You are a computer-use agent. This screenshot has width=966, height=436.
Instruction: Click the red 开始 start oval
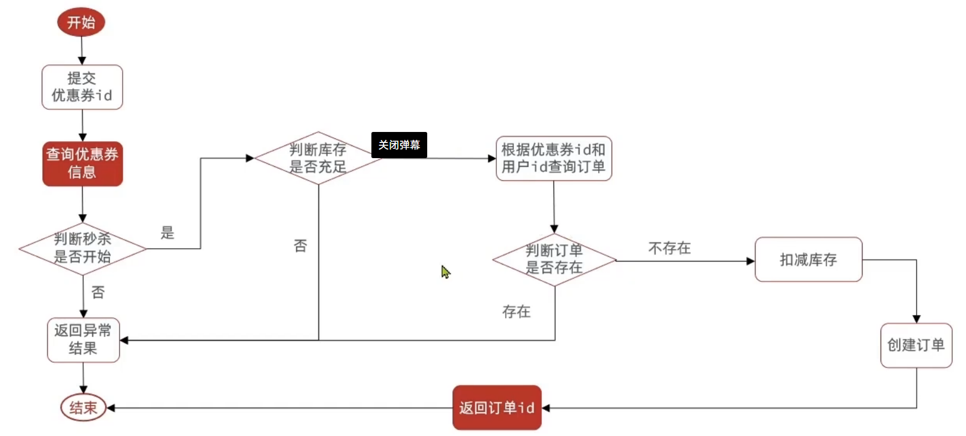81,22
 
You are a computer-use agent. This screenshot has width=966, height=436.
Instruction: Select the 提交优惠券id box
82,87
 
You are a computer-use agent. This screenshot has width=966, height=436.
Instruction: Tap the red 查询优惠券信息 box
83,163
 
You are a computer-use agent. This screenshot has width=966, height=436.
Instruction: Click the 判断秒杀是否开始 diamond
83,248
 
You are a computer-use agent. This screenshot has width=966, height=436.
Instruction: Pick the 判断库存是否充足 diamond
318,158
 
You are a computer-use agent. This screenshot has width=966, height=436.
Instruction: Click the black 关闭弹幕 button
399,145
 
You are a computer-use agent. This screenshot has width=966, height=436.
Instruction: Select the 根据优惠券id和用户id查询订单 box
553,158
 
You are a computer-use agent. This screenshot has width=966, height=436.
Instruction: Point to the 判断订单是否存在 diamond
554,259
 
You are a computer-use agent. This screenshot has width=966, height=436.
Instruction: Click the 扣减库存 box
808,260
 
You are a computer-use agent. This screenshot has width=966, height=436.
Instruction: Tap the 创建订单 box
915,345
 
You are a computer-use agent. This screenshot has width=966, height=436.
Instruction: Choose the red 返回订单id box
496,408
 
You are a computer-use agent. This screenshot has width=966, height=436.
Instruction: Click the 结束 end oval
83,408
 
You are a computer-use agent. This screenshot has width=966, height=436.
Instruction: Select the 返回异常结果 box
83,339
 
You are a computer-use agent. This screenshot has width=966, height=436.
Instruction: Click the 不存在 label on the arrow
669,248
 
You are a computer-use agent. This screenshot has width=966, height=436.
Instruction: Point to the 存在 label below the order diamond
516,312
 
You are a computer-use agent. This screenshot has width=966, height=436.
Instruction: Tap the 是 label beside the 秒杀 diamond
167,233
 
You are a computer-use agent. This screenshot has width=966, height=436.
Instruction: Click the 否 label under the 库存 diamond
300,246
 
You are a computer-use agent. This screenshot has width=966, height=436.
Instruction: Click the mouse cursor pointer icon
445,271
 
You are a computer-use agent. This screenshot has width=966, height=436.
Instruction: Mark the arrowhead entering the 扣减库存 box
750,261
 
